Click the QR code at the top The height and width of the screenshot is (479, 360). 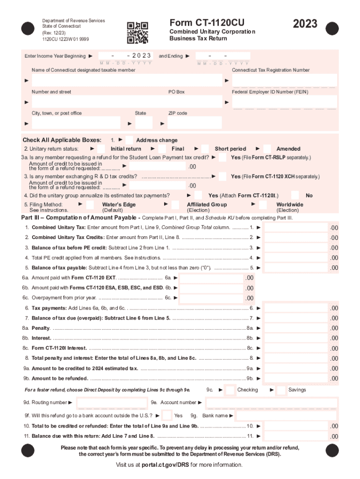(137, 32)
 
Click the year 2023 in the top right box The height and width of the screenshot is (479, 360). (304, 24)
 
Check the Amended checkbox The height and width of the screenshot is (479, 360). (268, 149)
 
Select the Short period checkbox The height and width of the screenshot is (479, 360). (206, 149)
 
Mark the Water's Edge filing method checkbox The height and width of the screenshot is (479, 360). (93, 205)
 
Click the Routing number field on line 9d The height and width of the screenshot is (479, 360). (111, 403)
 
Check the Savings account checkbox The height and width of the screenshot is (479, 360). (281, 390)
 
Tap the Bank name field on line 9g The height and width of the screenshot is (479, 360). (286, 416)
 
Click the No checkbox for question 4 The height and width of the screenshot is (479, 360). (295, 196)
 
